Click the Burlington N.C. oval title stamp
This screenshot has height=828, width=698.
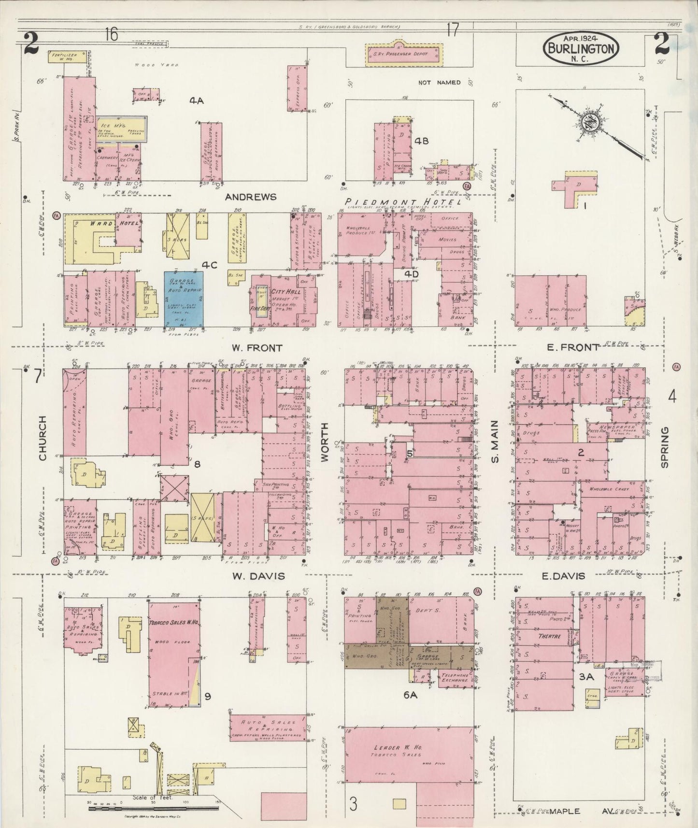[x=582, y=48]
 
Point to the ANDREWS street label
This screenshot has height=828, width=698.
[x=251, y=197]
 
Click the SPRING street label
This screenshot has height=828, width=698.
[x=665, y=447]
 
